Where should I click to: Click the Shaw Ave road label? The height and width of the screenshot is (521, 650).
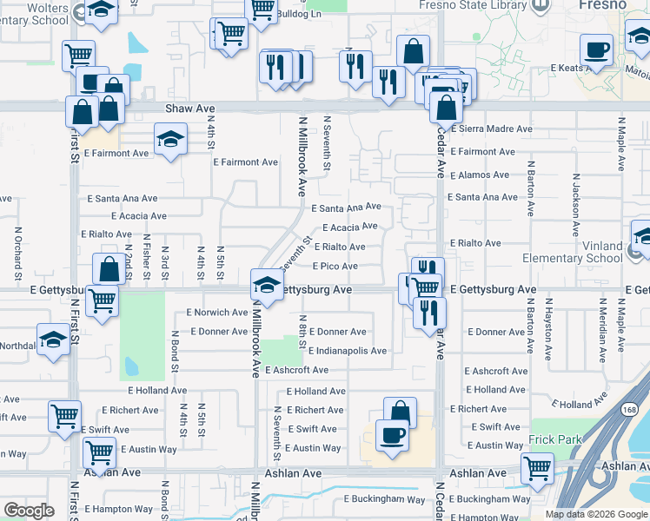click(189, 109)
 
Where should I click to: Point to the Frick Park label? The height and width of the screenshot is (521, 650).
click(555, 439)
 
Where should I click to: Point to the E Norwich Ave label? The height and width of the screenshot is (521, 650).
click(217, 313)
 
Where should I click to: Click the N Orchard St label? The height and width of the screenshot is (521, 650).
click(17, 247)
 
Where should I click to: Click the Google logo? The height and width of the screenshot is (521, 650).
click(29, 511)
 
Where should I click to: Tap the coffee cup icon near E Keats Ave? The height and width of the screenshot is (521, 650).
click(596, 49)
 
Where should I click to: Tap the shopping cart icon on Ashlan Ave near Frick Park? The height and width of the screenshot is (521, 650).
click(538, 468)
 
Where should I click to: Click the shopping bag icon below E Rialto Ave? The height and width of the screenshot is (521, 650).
click(110, 269)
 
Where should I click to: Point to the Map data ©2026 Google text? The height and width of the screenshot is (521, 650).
click(596, 514)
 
